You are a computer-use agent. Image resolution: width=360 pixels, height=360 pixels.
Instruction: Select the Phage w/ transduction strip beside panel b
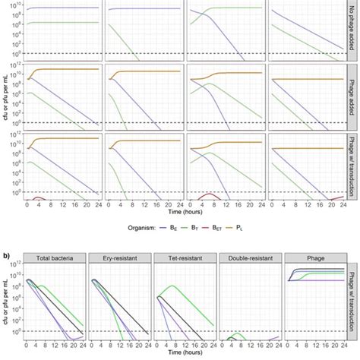coord(352,303)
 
